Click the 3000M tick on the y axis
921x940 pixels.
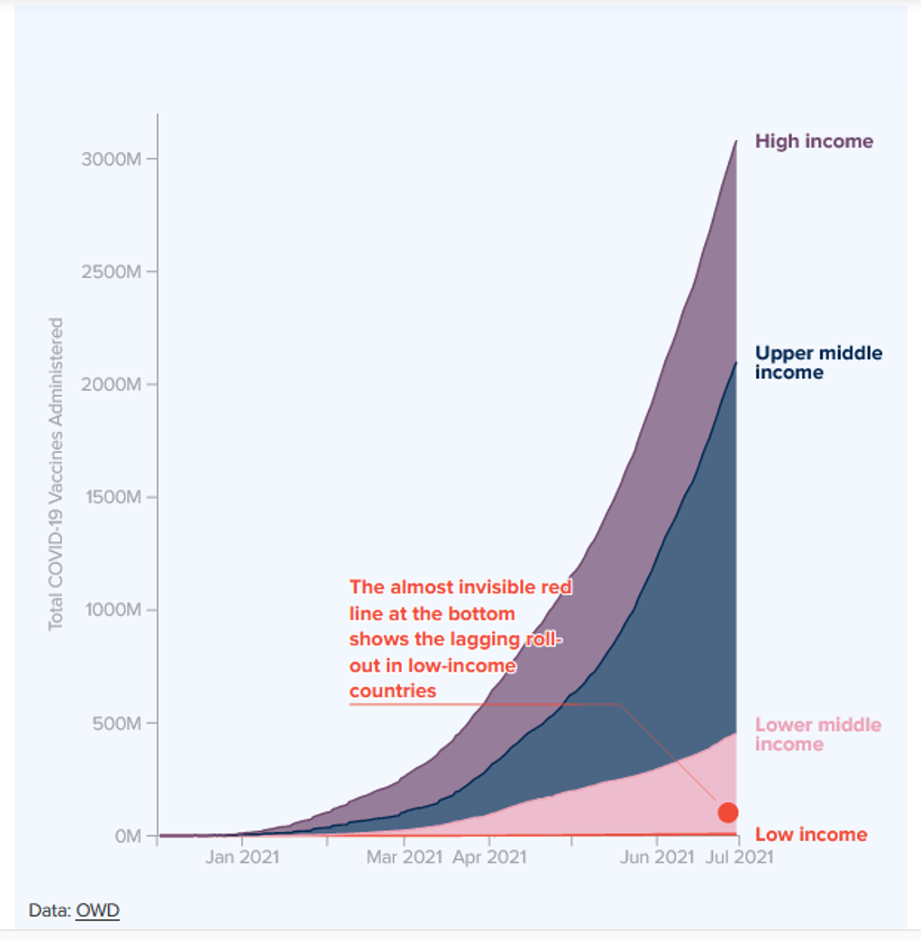click(114, 159)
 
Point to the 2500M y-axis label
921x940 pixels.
click(114, 272)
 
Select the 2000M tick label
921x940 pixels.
click(114, 384)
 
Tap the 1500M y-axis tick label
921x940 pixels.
click(114, 498)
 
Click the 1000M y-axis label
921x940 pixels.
click(114, 610)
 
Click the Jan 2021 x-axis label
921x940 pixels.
click(242, 856)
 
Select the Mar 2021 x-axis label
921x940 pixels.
click(404, 856)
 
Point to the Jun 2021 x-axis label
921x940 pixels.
click(657, 856)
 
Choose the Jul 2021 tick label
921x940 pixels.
click(738, 856)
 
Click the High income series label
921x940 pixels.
click(814, 141)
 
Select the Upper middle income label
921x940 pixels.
click(818, 362)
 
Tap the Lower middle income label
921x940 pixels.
click(817, 734)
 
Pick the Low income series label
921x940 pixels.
click(811, 835)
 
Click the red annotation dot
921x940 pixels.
click(728, 812)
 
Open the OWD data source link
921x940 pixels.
click(97, 910)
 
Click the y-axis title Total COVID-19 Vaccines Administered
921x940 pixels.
click(57, 474)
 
